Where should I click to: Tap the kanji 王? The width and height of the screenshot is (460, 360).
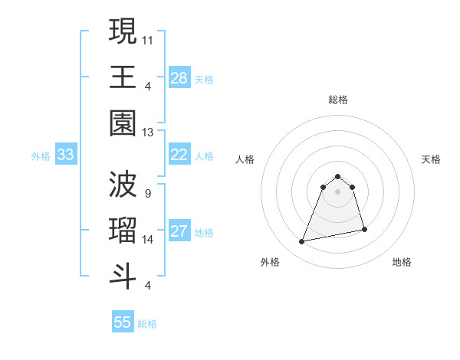point(123,76)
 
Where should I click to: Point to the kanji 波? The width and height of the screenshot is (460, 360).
point(123,184)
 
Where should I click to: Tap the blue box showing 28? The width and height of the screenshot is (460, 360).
point(179,77)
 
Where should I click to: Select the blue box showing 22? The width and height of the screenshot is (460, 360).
point(179,155)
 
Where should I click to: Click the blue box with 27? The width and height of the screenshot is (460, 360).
point(179,232)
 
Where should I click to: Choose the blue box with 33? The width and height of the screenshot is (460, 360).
point(65,155)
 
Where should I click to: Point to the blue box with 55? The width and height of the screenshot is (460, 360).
point(123,322)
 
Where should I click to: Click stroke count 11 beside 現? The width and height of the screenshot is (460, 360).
point(148,39)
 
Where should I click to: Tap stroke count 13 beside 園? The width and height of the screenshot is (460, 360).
point(148,132)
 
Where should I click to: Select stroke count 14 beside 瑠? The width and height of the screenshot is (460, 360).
point(148,240)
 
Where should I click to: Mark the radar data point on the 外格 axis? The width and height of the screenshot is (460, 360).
point(302,242)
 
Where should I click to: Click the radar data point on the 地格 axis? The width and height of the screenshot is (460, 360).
point(364,229)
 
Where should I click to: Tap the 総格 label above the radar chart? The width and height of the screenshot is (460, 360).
point(337,100)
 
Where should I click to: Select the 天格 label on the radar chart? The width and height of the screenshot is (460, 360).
point(431,159)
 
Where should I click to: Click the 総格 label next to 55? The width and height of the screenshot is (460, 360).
point(147,324)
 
